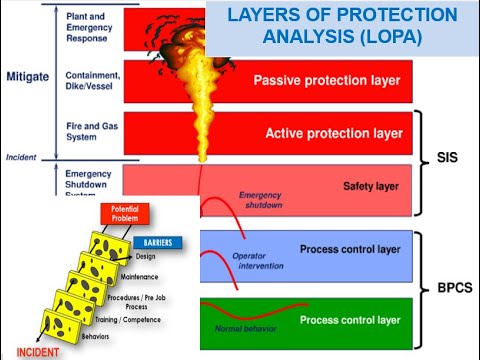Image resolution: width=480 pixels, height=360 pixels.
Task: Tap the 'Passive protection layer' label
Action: tap(327, 80)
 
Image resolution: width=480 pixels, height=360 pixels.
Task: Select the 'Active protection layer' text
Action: tap(333, 133)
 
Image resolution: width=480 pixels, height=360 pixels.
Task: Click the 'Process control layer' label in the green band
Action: tap(350, 320)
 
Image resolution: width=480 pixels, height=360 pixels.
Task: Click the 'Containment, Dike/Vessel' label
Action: tap(92, 81)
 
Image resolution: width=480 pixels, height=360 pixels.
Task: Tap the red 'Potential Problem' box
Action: tap(124, 215)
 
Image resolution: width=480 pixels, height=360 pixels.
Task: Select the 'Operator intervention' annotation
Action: tap(261, 263)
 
